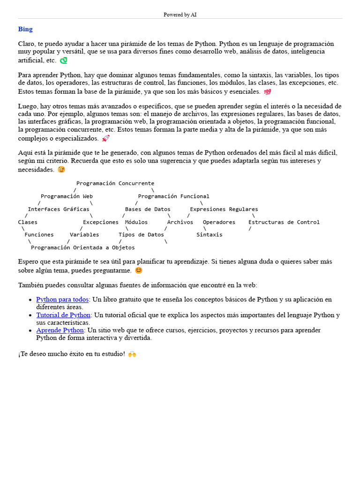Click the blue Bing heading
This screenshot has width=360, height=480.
tap(25, 29)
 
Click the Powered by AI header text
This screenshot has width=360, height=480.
tap(180, 15)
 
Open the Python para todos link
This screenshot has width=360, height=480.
tap(62, 300)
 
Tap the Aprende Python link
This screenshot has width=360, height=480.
tap(60, 330)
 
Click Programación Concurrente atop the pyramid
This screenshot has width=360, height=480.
tap(115, 183)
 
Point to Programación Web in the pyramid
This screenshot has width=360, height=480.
tap(67, 196)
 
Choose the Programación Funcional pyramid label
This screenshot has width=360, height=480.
tap(173, 196)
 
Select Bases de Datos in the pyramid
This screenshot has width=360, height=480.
tap(148, 209)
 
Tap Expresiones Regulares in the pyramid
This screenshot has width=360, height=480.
tap(224, 209)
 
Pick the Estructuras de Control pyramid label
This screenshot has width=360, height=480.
tap(284, 222)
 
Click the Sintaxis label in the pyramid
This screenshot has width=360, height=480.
tap(210, 234)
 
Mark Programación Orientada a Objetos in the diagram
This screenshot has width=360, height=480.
tap(83, 247)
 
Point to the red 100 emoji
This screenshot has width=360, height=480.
tap(267, 92)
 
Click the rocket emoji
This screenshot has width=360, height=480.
tap(105, 138)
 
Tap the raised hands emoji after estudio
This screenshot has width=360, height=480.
tap(132, 354)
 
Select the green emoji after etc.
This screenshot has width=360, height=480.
tap(63, 60)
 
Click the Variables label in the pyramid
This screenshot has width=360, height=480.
tap(84, 234)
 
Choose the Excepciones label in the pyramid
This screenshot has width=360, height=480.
tap(101, 222)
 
